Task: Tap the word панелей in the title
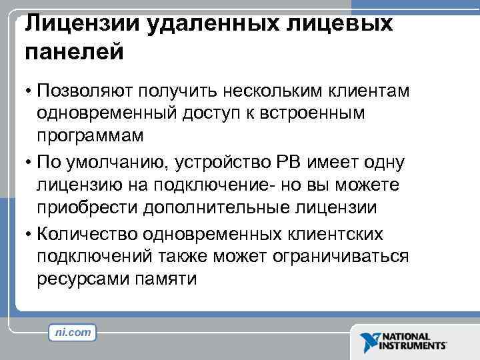[74, 53]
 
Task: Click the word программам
[90, 136]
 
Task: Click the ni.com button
[73, 332]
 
